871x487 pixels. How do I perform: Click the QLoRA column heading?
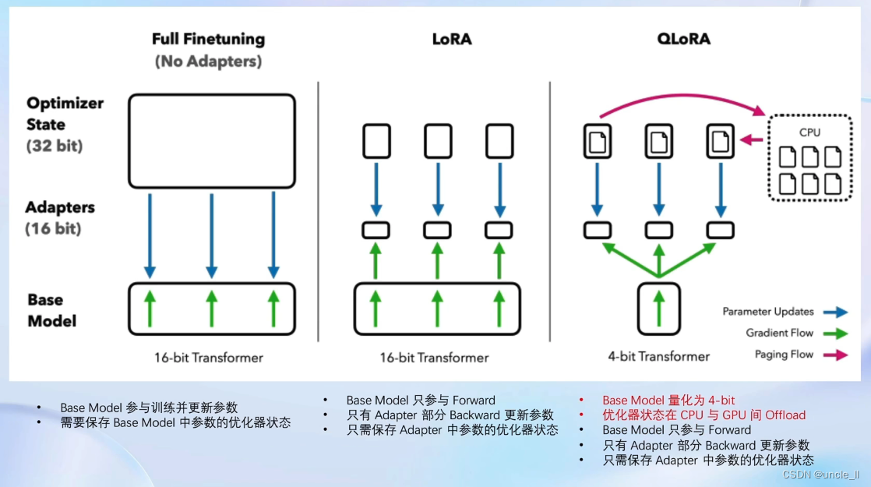point(682,38)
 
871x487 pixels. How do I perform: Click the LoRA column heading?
point(452,38)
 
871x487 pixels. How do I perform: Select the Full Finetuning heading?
point(208,38)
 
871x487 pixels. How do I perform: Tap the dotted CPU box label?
point(809,132)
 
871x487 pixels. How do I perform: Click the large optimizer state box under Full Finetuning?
point(211,141)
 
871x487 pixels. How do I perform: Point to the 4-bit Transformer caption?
point(658,357)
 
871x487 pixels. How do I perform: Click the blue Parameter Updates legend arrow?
point(836,312)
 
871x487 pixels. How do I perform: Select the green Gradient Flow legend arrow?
point(836,333)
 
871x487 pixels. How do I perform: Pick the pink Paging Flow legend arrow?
point(836,355)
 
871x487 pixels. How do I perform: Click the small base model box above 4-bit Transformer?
point(659,309)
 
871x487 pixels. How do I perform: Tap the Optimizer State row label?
point(65,114)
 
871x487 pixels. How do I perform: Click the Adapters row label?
point(60,207)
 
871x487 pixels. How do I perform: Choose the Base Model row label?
point(52,310)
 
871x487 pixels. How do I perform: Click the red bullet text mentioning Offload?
point(703,415)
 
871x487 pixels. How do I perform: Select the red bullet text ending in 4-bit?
point(668,401)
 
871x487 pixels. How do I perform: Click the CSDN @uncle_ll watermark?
point(820,475)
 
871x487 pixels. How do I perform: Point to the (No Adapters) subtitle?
point(208,61)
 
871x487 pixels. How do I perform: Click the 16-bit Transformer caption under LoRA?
point(434,358)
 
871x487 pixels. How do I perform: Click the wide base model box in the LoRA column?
point(436,309)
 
